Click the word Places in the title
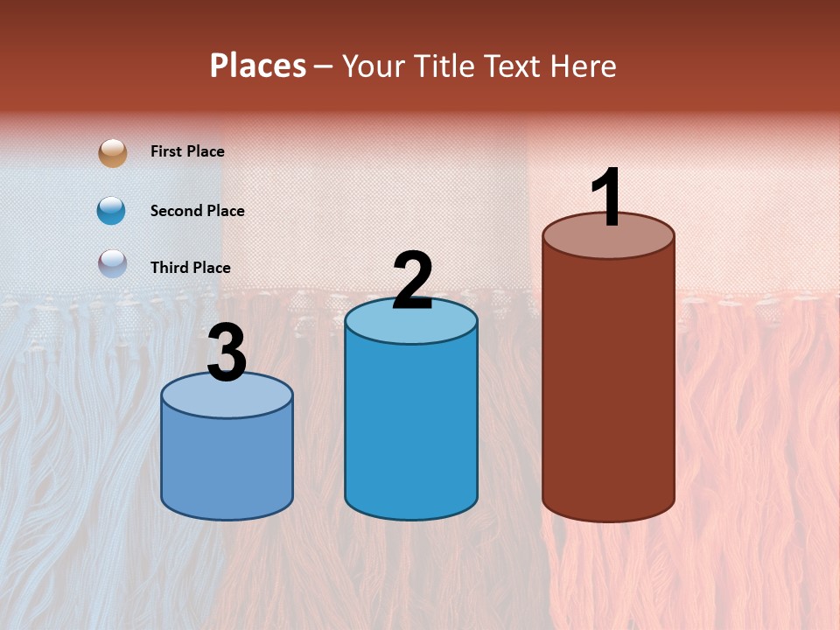(258, 66)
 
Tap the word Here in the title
(584, 66)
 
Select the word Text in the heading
(514, 66)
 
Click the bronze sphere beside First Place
(113, 152)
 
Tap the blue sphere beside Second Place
(112, 211)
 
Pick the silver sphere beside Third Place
(113, 263)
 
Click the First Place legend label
(187, 151)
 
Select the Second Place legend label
(197, 211)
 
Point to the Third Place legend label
(191, 268)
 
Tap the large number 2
(412, 281)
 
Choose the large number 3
(227, 354)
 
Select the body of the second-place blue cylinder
(411, 429)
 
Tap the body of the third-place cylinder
(227, 464)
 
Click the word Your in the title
(375, 66)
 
